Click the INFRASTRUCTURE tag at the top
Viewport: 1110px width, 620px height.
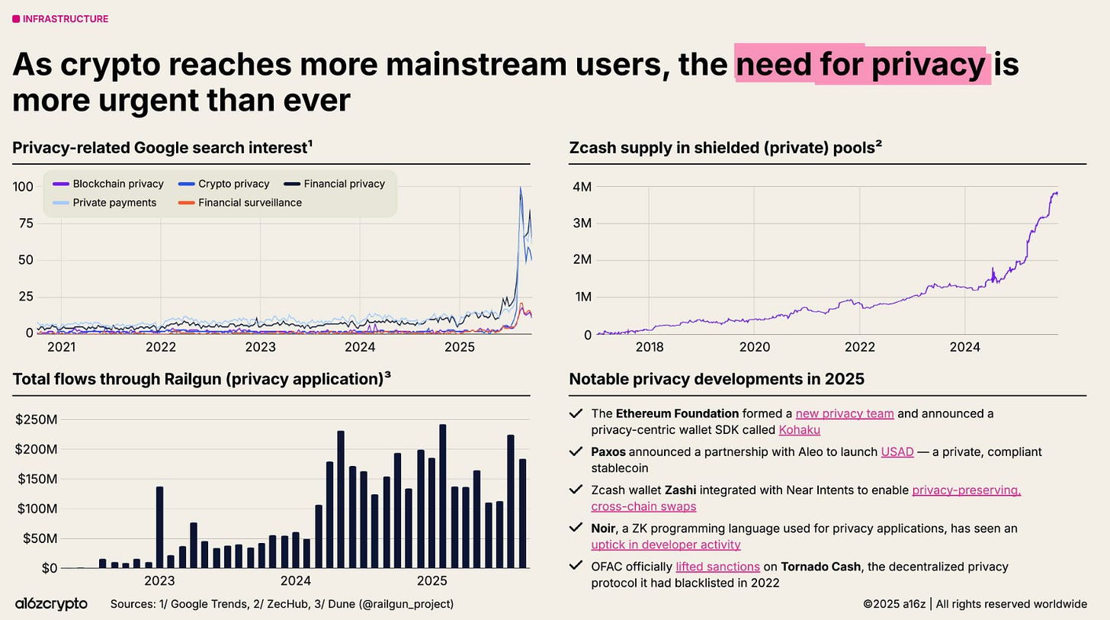[x=61, y=19]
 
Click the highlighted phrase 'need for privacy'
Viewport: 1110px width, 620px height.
[x=861, y=65]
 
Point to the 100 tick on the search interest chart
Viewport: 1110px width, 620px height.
[x=22, y=186]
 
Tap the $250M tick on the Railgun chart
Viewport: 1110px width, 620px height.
[x=36, y=419]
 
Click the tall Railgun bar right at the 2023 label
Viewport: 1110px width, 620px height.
[x=159, y=527]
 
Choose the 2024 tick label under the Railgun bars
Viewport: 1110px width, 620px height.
[x=296, y=580]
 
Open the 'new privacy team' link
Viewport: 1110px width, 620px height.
[x=844, y=413]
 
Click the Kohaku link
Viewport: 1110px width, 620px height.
[x=799, y=430]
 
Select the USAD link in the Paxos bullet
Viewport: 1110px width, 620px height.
[x=897, y=451]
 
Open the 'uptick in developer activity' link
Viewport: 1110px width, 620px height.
[x=666, y=545]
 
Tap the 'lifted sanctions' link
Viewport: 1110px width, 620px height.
[x=717, y=567]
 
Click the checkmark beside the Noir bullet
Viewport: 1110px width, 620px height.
[x=576, y=528]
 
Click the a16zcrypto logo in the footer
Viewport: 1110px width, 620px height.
[x=51, y=604]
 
